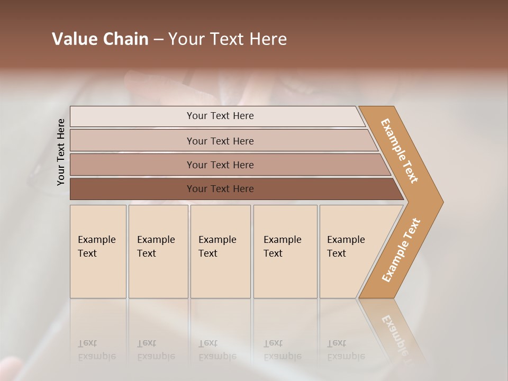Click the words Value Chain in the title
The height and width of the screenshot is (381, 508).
click(x=100, y=39)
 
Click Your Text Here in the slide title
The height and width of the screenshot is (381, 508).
click(x=228, y=39)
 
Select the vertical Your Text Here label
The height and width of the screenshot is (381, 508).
click(x=61, y=152)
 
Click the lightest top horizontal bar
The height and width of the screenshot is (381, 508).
click(x=220, y=116)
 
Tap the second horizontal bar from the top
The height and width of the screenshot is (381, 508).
click(x=220, y=141)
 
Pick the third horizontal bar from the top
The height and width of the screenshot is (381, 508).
click(x=220, y=165)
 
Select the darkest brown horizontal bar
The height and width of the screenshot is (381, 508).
click(x=220, y=189)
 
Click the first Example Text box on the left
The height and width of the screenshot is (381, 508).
click(x=98, y=251)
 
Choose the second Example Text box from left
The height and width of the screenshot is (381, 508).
click(x=158, y=251)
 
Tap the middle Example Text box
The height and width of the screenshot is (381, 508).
click(x=220, y=251)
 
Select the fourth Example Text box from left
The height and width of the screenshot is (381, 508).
click(x=285, y=251)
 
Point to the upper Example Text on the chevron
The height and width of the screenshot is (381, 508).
click(x=400, y=151)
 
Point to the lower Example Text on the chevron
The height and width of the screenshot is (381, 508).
click(x=401, y=250)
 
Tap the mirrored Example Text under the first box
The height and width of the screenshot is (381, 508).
click(x=96, y=350)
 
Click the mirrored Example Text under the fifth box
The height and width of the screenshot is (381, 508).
click(x=346, y=350)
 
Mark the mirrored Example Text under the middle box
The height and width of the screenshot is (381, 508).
click(x=217, y=350)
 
